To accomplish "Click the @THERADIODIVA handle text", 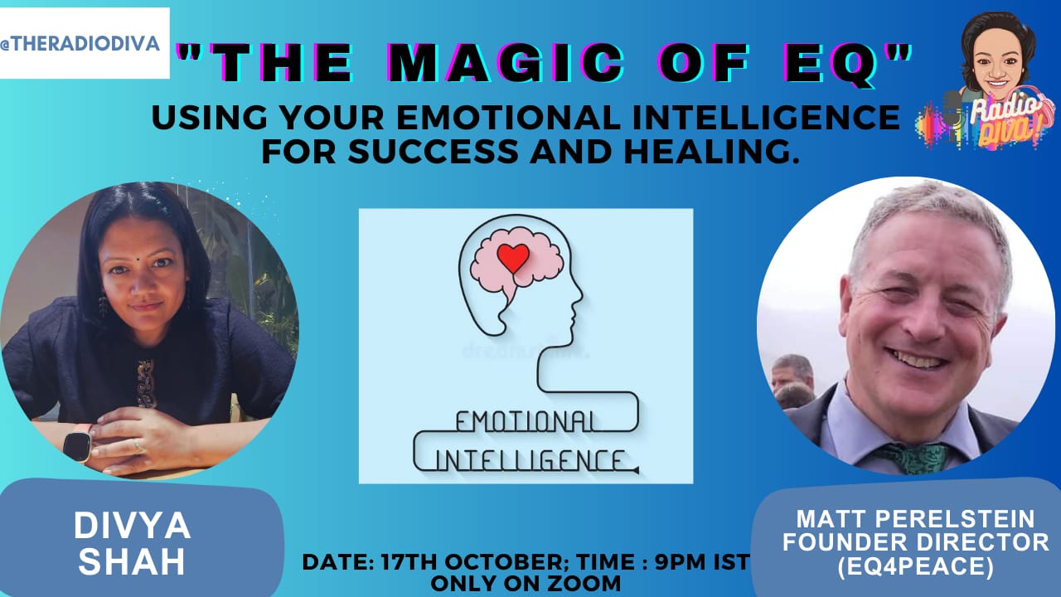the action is tap(80, 44).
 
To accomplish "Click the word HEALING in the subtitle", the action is tap(711, 152).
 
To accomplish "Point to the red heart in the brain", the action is tap(513, 258).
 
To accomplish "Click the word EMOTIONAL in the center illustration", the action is tap(525, 422).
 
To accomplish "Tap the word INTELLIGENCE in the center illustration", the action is tap(530, 460).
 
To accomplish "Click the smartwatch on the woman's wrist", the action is tap(77, 446).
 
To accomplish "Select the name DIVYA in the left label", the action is tap(132, 526).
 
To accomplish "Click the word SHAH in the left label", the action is tap(132, 561).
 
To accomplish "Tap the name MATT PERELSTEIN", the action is tap(916, 519).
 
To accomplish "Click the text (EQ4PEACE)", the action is tap(915, 566).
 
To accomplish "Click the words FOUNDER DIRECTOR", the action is tap(916, 542).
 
